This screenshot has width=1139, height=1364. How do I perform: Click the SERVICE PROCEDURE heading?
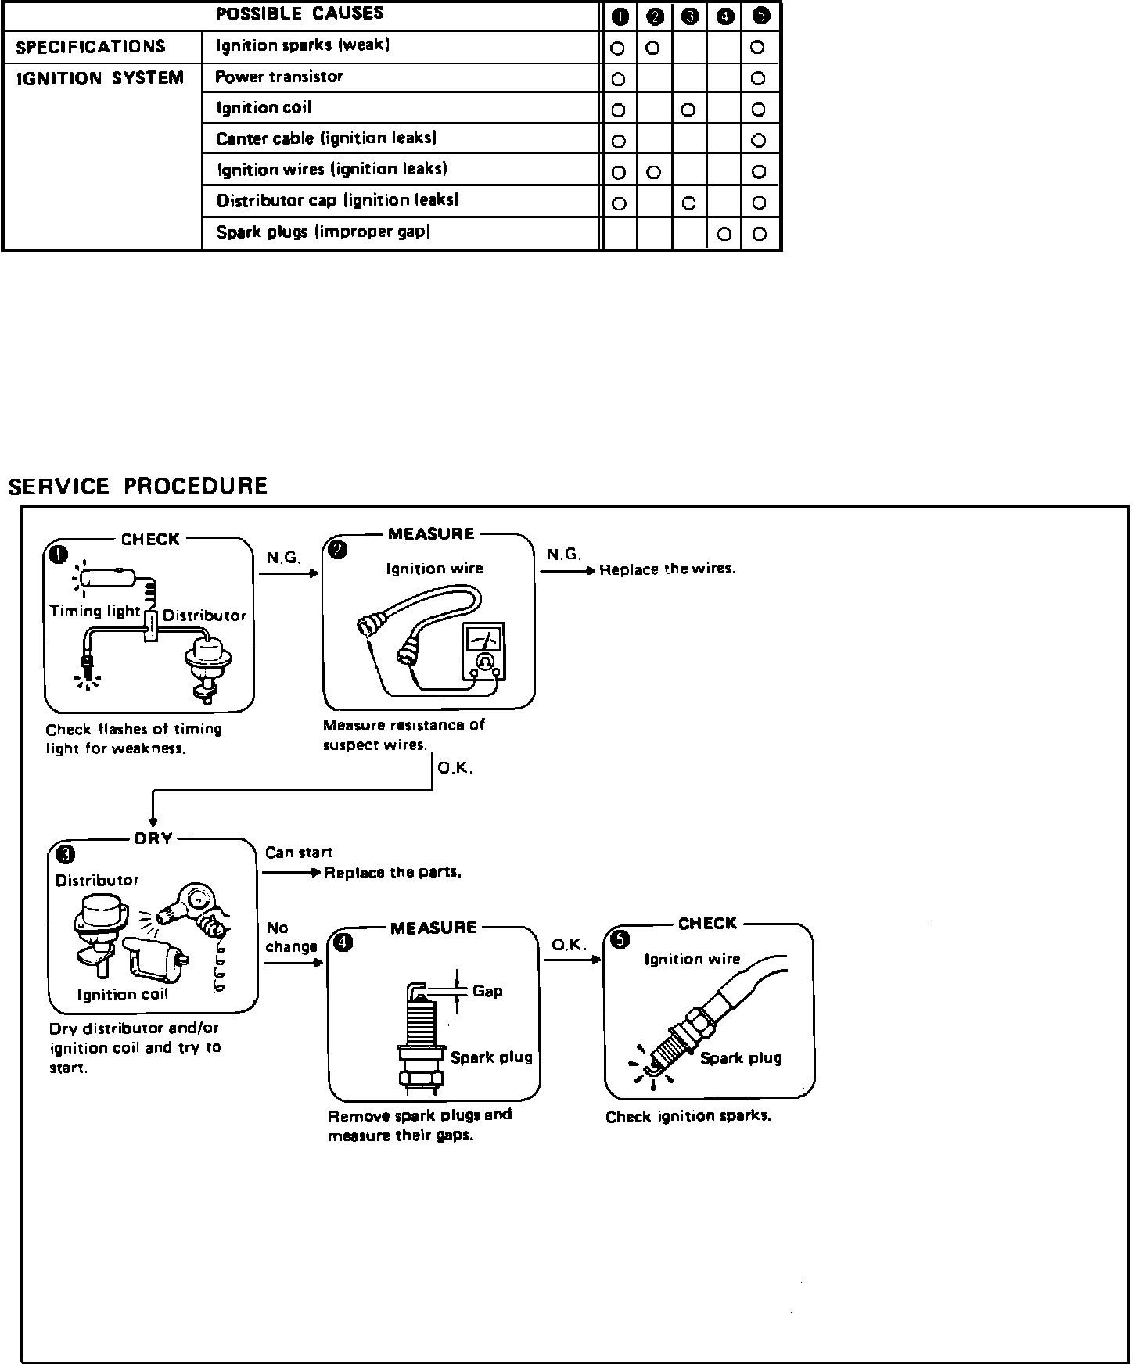coord(138,486)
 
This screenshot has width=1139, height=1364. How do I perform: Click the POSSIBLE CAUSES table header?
coord(300,14)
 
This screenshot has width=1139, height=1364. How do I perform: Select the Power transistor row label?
coord(279,77)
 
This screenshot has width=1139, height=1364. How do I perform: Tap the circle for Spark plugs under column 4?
coord(724,234)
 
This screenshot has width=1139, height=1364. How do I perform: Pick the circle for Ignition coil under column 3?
coord(688,109)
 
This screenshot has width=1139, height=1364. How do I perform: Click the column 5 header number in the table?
coord(759,16)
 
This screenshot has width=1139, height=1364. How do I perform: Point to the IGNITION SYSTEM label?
coord(100,78)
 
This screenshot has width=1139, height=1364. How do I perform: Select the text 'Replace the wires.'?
coord(667,569)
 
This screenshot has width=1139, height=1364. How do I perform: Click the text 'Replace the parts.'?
coord(392,873)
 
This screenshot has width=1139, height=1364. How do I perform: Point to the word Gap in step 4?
coord(487,991)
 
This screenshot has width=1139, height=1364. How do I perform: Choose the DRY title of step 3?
coord(153,838)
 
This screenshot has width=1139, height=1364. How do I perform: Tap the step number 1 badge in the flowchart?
coord(58,555)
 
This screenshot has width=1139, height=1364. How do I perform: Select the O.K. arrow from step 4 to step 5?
coord(572,959)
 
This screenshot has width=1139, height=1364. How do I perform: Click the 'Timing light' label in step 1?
coord(95,611)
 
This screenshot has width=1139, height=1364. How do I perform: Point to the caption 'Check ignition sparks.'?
coord(688,1116)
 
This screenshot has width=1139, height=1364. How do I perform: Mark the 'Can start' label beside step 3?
coord(299,852)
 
